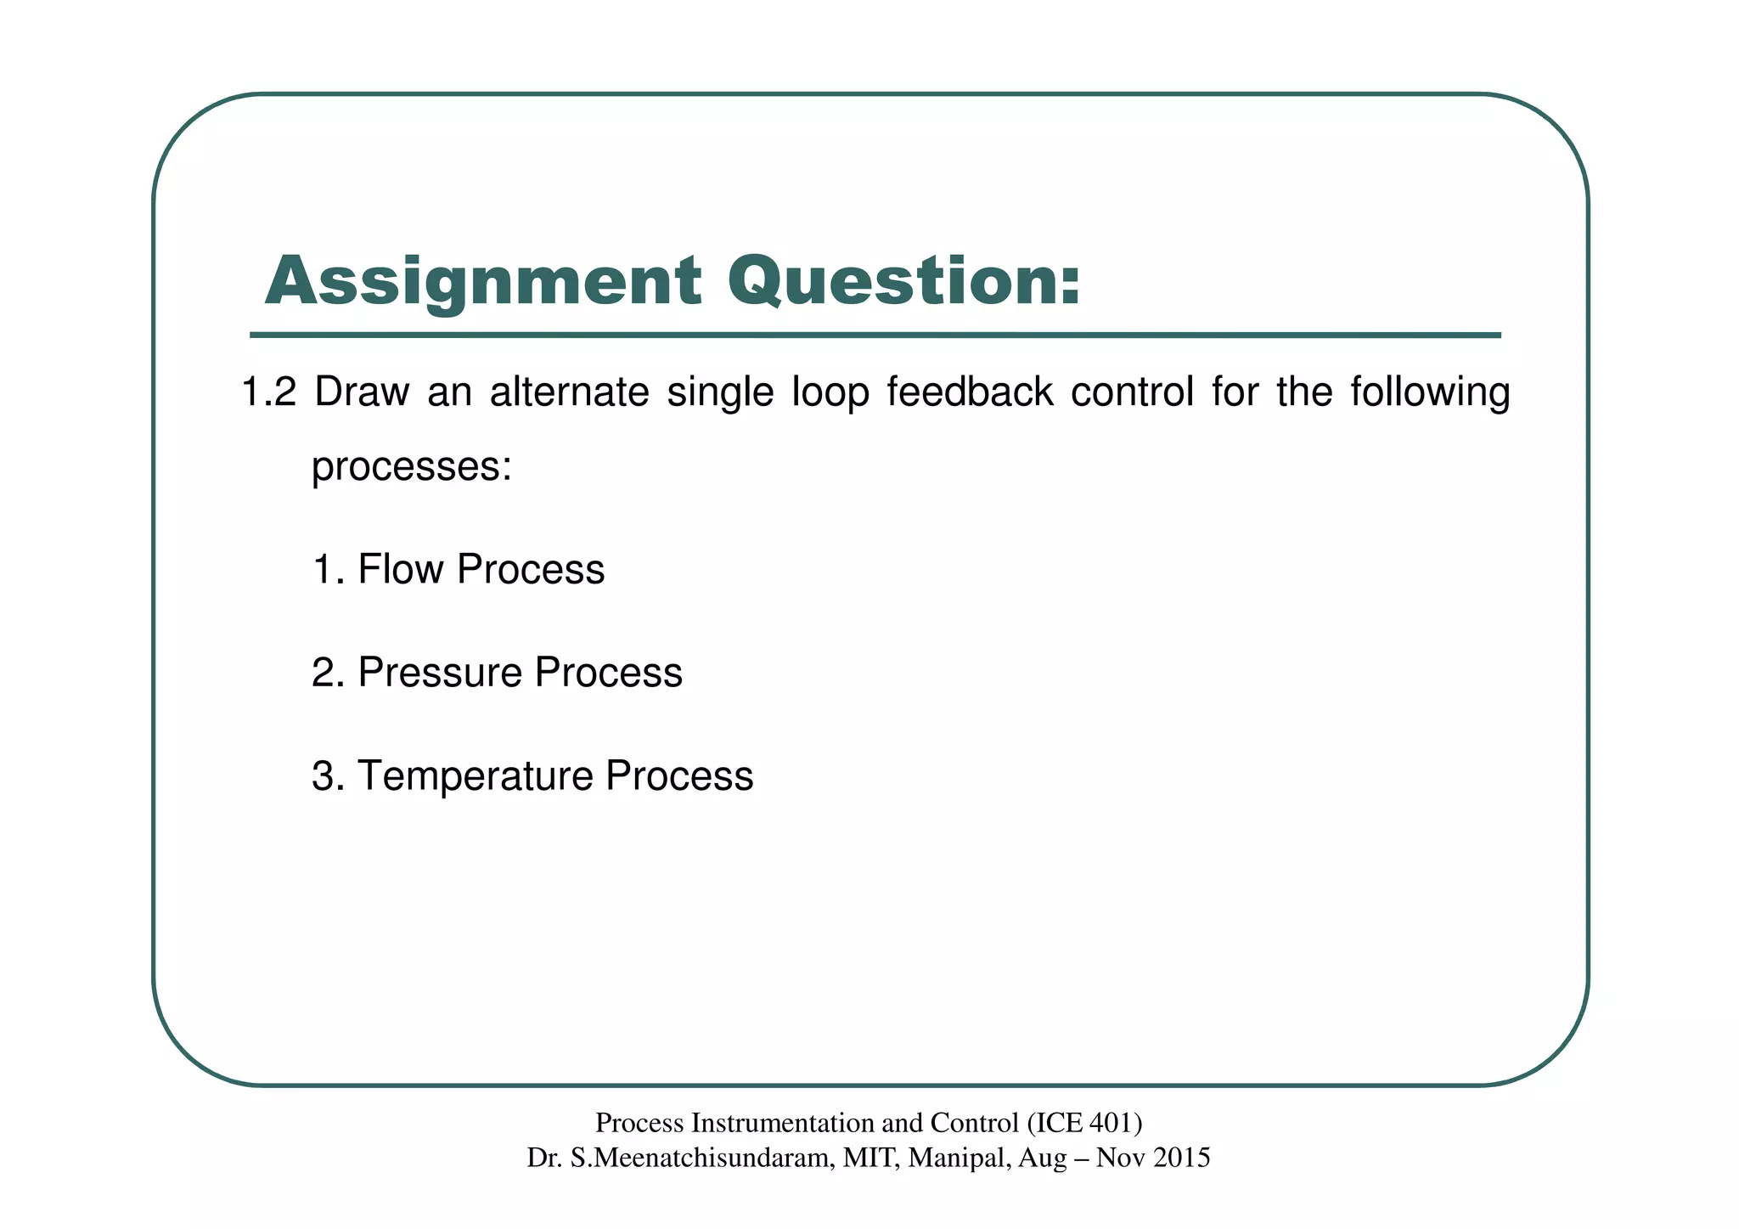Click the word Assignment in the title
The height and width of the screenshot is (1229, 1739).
point(482,283)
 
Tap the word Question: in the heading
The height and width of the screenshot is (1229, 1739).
point(903,283)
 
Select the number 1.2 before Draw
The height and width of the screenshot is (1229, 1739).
point(269,393)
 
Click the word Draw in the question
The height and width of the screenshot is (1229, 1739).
point(362,393)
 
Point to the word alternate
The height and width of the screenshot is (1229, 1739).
point(569,393)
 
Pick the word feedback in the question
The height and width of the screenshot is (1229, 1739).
point(970,393)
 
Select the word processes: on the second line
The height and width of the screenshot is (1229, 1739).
point(412,467)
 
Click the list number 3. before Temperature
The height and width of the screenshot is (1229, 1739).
point(328,776)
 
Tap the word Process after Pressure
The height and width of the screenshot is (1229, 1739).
point(608,673)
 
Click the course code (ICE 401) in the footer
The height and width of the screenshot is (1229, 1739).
point(1084,1123)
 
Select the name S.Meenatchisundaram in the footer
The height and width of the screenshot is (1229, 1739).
point(703,1158)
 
